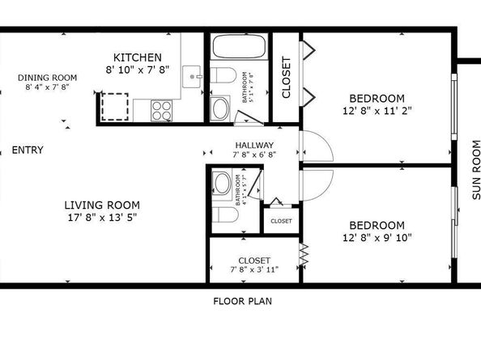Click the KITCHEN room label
coord(137,57)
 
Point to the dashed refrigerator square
coord(116,105)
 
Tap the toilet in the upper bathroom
coord(228,77)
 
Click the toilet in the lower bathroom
coord(222,214)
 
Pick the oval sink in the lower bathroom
coord(221,182)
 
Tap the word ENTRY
coord(28,150)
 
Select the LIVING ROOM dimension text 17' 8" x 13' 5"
coord(102,217)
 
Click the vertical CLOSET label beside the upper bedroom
coord(285,77)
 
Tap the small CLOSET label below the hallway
coord(281,220)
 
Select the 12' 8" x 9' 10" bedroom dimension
coord(377,238)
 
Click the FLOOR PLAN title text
coord(242,301)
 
